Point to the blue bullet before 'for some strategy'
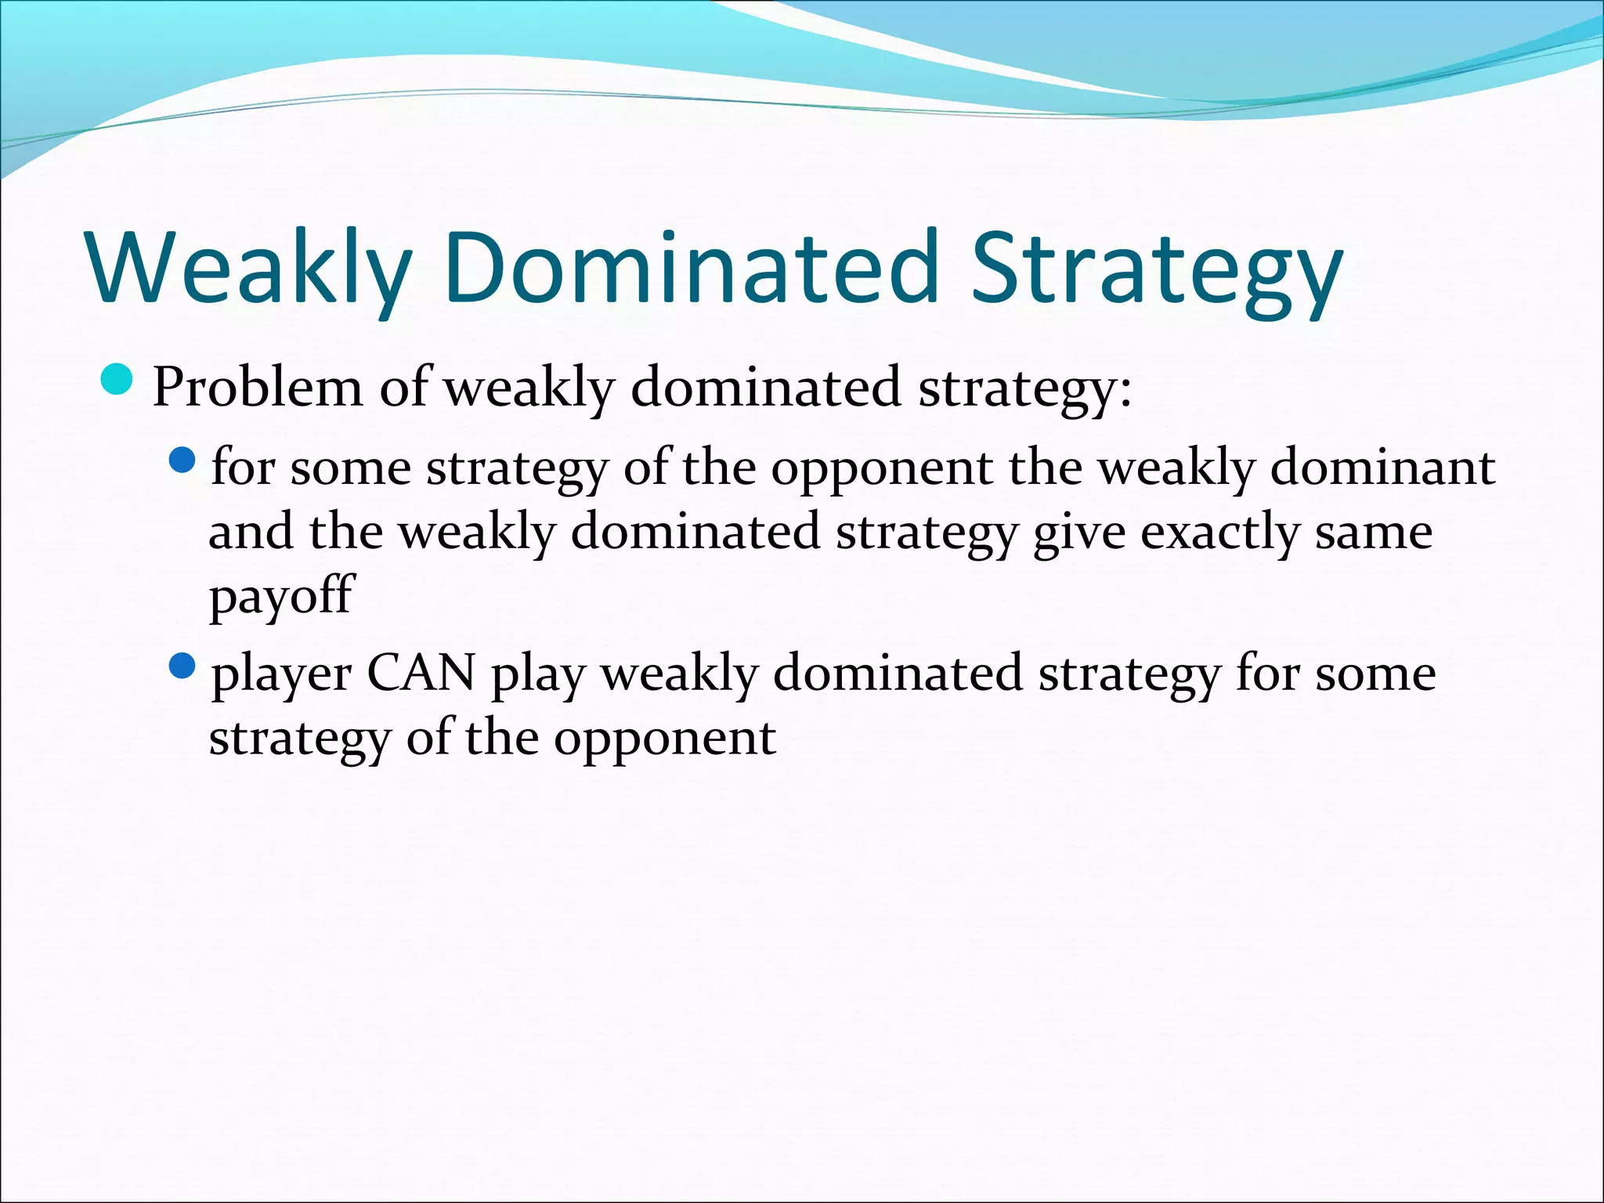(182, 461)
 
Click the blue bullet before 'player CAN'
(182, 667)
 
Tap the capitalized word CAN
(421, 673)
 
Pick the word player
(281, 675)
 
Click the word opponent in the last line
(665, 739)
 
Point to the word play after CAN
(537, 675)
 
